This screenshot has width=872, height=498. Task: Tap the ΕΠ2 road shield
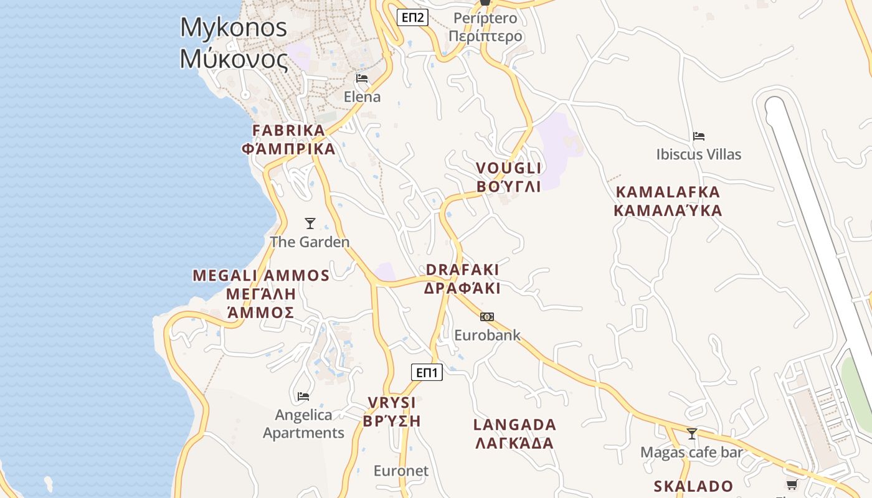click(412, 17)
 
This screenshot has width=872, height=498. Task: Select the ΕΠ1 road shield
click(427, 372)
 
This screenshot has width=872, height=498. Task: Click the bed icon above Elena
click(362, 78)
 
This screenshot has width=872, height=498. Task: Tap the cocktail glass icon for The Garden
click(310, 223)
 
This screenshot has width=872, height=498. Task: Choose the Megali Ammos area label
click(261, 293)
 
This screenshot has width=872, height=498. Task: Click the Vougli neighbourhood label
click(509, 177)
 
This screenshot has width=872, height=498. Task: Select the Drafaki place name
click(462, 278)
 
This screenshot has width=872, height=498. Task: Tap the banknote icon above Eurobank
click(487, 317)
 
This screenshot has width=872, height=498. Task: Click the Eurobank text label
click(487, 335)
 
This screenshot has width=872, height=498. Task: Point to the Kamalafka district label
click(668, 201)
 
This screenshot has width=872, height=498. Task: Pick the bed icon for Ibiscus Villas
click(699, 136)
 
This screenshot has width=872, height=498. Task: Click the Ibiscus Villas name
click(699, 154)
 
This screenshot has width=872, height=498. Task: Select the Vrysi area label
click(392, 411)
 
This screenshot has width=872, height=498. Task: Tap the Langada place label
click(514, 434)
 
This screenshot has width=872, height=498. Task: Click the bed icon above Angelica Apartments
click(303, 396)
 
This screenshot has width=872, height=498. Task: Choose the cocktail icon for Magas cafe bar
click(691, 433)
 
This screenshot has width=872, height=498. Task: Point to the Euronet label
click(401, 471)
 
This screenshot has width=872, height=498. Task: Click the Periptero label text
click(485, 27)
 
